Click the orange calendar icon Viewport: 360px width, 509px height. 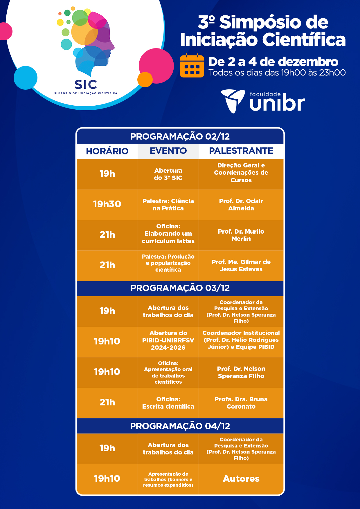(x=192, y=66)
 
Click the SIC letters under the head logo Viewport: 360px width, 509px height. (x=86, y=84)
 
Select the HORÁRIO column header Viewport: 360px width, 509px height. (x=107, y=151)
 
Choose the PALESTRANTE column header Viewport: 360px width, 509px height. (x=241, y=151)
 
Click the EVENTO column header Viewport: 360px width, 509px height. (x=168, y=151)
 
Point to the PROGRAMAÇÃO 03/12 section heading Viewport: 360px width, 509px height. (x=180, y=288)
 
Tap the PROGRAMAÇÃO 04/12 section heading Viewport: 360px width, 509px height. (x=180, y=426)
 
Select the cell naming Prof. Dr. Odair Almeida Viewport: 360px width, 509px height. (x=241, y=205)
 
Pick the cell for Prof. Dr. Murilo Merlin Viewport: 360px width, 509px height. (x=241, y=235)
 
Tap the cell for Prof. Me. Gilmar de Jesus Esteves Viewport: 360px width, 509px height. (x=241, y=266)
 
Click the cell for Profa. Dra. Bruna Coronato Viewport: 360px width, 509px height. (x=241, y=403)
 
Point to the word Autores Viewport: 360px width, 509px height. (x=241, y=479)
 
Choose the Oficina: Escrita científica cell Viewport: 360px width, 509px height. (x=168, y=403)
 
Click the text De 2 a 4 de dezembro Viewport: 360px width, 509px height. (x=273, y=62)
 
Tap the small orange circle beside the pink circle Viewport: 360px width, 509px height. (x=145, y=80)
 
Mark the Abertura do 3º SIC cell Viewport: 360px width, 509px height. (x=168, y=174)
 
